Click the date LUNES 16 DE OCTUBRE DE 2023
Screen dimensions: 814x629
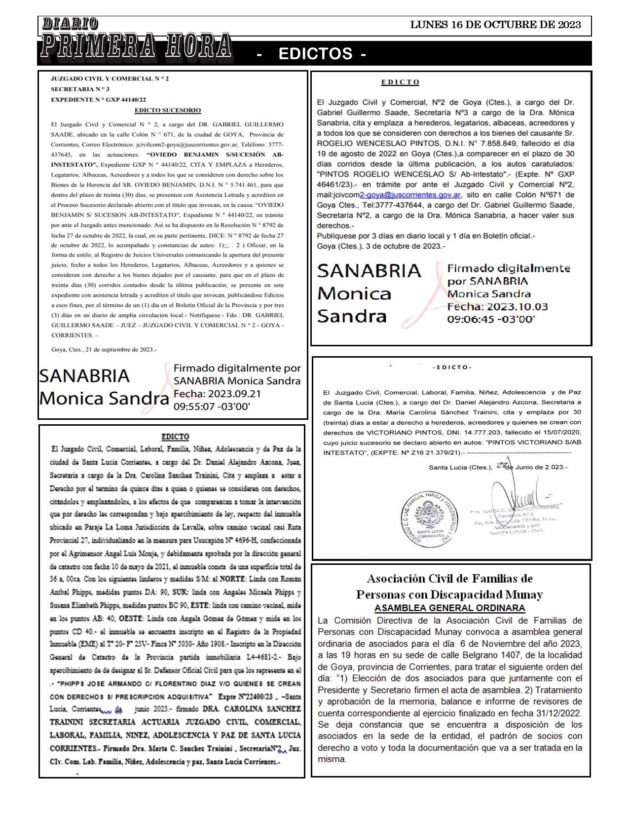point(495,25)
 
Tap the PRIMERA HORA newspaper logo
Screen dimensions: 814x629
point(136,46)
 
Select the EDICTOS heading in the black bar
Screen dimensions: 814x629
point(316,54)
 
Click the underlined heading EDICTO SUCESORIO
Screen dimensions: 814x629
point(168,111)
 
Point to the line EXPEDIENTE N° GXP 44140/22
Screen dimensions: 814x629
point(98,100)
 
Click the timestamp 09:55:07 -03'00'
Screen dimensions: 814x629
point(212,407)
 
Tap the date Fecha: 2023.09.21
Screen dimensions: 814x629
point(217,394)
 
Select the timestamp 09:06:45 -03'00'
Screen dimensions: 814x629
point(491,319)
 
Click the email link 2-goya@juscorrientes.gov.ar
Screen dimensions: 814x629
point(410,195)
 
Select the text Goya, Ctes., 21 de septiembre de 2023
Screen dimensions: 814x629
point(104,350)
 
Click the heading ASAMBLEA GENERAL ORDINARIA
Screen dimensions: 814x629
point(449,608)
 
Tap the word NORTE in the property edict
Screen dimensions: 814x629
point(232,579)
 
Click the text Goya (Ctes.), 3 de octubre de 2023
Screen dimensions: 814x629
point(380,246)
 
